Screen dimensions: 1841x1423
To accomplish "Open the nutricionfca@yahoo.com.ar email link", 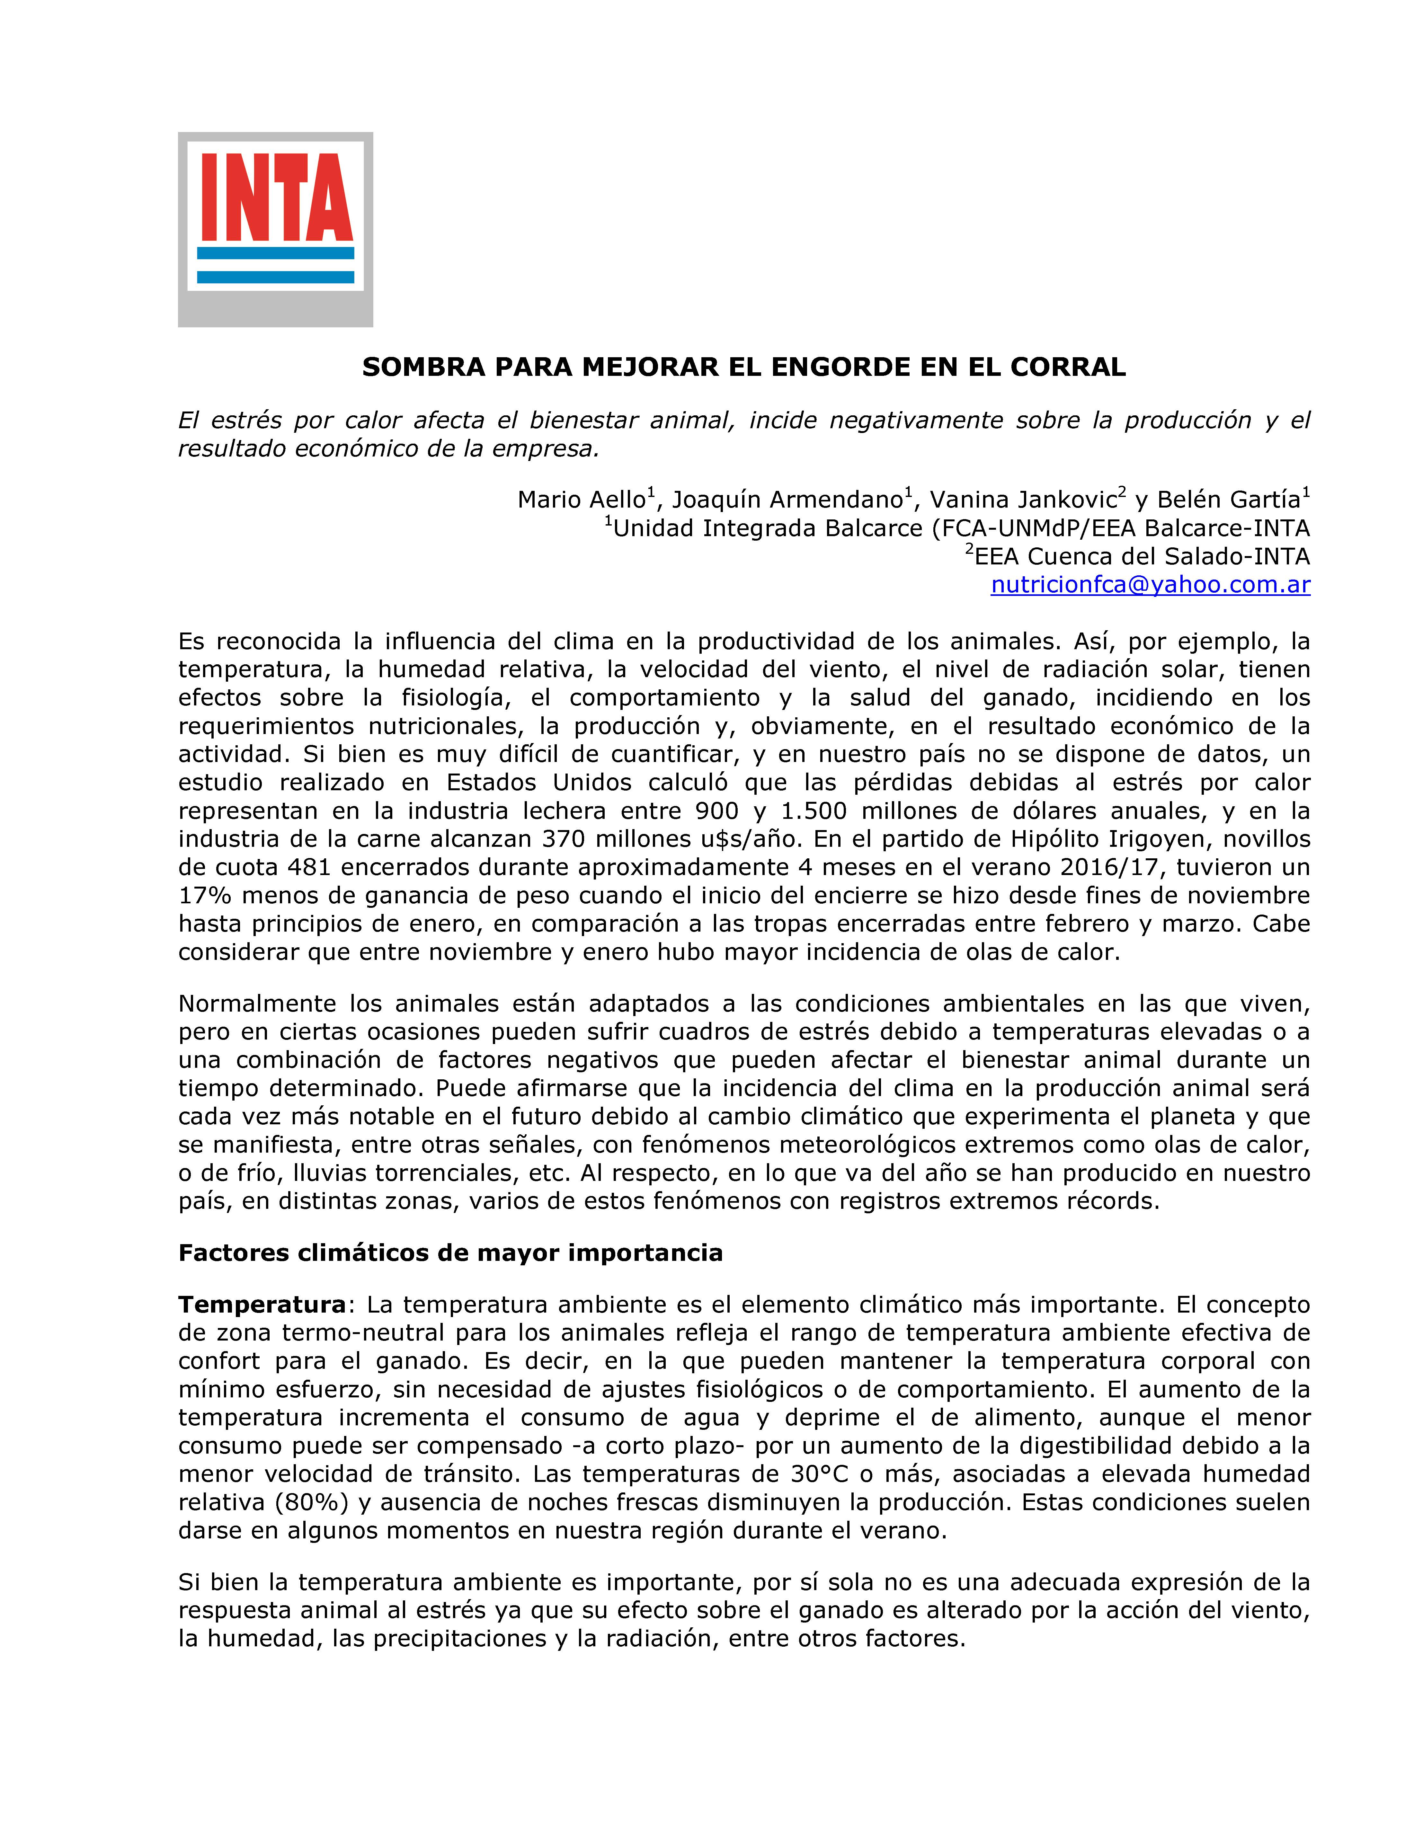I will [1150, 585].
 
